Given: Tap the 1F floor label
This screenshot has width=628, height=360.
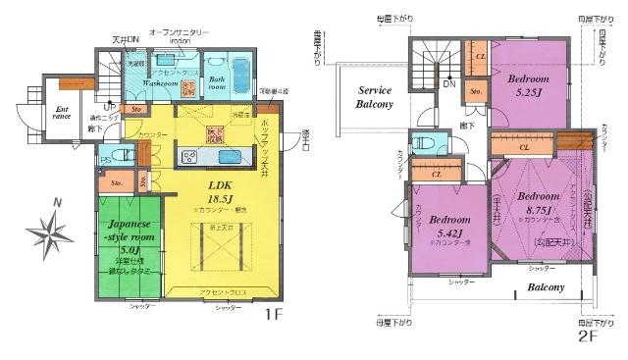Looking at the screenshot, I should click(x=274, y=317).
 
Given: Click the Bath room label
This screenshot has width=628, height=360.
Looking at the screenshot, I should click(x=217, y=81).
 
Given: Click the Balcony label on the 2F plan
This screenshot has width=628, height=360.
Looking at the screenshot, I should click(x=544, y=287).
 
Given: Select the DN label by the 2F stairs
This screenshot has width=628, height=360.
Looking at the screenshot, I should click(x=448, y=84).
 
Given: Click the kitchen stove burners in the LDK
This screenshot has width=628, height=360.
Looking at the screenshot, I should click(x=188, y=157).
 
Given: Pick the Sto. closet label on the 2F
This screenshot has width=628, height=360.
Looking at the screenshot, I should click(x=476, y=94).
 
